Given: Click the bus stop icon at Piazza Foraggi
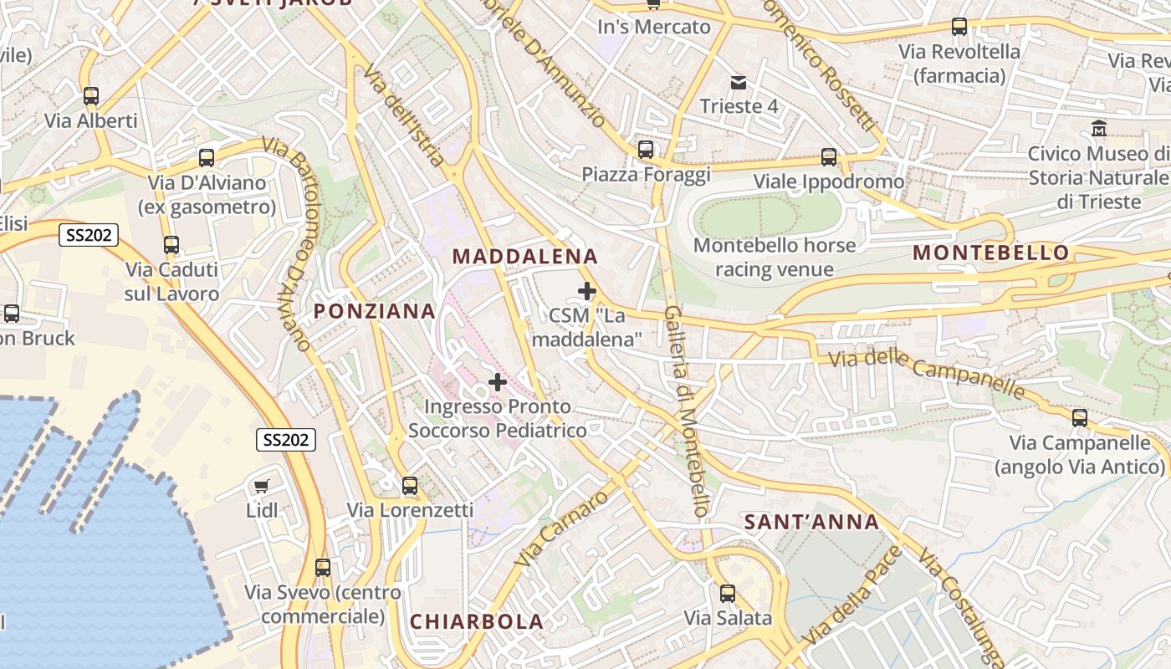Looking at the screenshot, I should pyautogui.click(x=646, y=150).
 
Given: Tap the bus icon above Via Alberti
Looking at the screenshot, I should pyautogui.click(x=91, y=96).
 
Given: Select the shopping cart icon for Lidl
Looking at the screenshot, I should pyautogui.click(x=262, y=486).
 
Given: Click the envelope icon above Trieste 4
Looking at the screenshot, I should pyautogui.click(x=739, y=82).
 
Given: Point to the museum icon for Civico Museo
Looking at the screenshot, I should pyautogui.click(x=1099, y=129).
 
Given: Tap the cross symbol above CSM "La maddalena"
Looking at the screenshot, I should pyautogui.click(x=587, y=291).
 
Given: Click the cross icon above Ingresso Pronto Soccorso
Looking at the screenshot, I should pyautogui.click(x=498, y=382).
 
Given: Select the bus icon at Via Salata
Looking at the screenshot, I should pyautogui.click(x=728, y=594).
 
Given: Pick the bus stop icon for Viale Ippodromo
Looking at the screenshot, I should pyautogui.click(x=829, y=156).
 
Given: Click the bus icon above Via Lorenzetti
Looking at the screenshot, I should pyautogui.click(x=410, y=485).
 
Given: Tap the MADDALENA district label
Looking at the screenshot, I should pyautogui.click(x=525, y=257).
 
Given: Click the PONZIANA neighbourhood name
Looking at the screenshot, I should pyautogui.click(x=375, y=311).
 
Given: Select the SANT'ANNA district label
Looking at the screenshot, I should pyautogui.click(x=811, y=523).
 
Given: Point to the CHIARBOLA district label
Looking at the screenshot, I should pyautogui.click(x=477, y=621).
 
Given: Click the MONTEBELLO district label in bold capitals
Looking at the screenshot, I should pyautogui.click(x=990, y=253).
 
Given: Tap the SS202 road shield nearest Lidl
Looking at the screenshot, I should pyautogui.click(x=285, y=439).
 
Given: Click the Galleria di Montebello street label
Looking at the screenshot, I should pyautogui.click(x=688, y=410).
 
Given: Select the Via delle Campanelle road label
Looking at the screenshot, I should pyautogui.click(x=927, y=375).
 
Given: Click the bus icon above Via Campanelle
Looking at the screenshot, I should pyautogui.click(x=1080, y=417).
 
